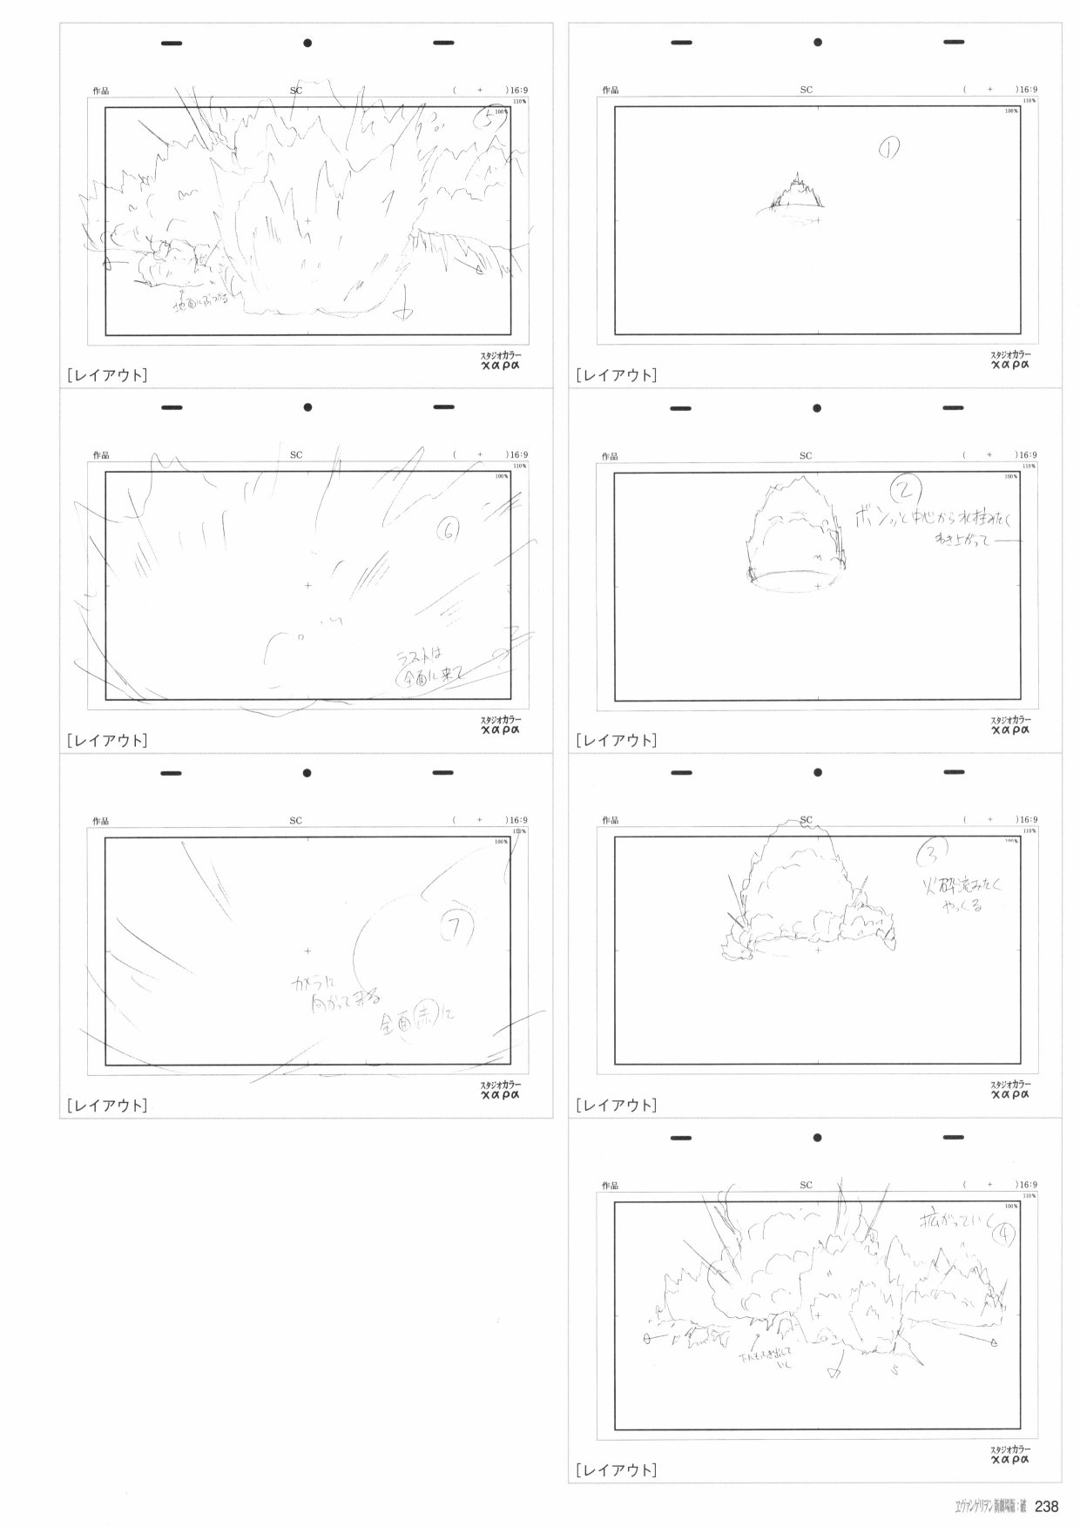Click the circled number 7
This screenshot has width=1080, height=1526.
(x=455, y=928)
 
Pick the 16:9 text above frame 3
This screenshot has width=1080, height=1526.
(x=1028, y=820)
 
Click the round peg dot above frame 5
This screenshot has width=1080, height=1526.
(x=307, y=43)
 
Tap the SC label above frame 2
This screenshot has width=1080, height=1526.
(x=806, y=455)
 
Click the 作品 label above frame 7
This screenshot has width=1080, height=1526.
(x=101, y=821)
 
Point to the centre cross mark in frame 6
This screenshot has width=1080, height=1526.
(x=307, y=586)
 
